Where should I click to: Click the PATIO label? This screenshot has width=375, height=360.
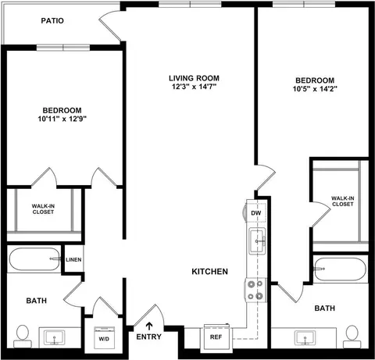(52, 20)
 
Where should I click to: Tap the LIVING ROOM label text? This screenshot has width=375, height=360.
(194, 78)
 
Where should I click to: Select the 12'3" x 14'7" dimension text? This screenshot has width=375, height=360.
(194, 87)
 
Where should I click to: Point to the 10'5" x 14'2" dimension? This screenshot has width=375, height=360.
(315, 89)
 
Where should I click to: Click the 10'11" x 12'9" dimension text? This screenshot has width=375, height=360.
(62, 119)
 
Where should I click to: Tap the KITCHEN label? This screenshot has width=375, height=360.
(209, 272)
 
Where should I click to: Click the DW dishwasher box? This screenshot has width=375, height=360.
(256, 212)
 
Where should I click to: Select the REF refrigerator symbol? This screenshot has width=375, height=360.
(216, 337)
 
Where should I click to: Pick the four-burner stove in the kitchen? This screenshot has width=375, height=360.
(255, 290)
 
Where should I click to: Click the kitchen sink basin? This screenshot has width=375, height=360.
(257, 241)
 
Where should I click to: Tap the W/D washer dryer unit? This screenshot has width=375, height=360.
(104, 338)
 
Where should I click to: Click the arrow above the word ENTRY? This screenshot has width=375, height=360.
(149, 326)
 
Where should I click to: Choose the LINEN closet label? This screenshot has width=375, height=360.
(73, 260)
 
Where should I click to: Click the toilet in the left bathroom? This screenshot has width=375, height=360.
(23, 337)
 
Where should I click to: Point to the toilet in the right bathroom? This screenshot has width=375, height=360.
(352, 337)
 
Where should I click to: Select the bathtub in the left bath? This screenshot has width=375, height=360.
(34, 259)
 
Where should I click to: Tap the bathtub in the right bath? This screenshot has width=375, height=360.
(340, 269)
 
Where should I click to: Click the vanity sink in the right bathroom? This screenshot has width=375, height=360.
(305, 338)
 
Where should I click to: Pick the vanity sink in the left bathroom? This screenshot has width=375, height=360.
(55, 337)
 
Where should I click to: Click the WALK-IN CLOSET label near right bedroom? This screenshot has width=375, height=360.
(343, 201)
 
